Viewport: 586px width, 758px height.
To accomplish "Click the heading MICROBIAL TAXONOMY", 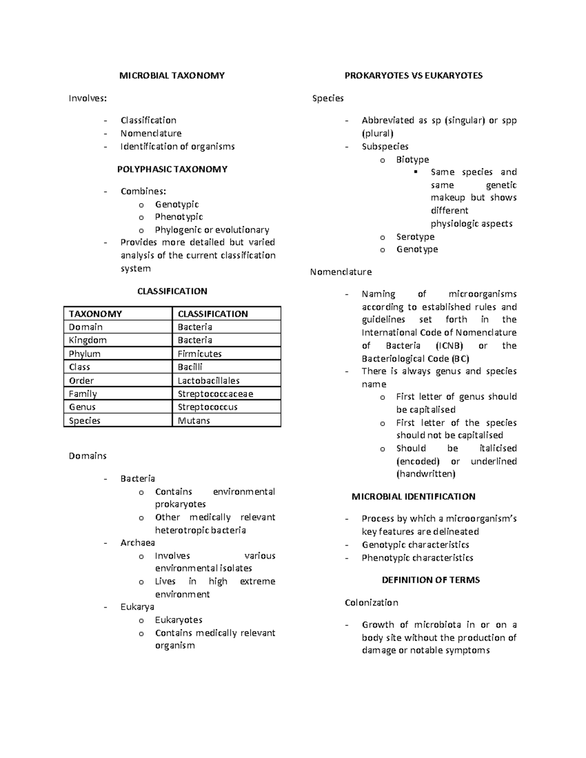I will pyautogui.click(x=172, y=76).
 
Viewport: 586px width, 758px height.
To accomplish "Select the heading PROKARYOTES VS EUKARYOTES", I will pyautogui.click(x=413, y=76).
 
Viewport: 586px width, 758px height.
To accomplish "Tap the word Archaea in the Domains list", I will pyautogui.click(x=138, y=543).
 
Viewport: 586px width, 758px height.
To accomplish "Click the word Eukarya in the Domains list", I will pyautogui.click(x=137, y=607).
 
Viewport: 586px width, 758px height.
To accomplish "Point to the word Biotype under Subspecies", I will pyautogui.click(x=413, y=160).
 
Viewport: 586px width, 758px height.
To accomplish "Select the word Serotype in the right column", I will pyautogui.click(x=415, y=237).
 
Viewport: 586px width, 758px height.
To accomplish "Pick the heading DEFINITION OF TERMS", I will pyautogui.click(x=431, y=580).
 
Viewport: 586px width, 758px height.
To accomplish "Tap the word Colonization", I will pyautogui.click(x=371, y=603).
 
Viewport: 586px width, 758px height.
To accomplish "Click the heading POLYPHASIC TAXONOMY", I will pyautogui.click(x=172, y=169).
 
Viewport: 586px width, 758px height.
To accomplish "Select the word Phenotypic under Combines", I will pyautogui.click(x=179, y=217).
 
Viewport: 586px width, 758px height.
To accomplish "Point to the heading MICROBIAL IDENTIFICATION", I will pyautogui.click(x=413, y=497).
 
